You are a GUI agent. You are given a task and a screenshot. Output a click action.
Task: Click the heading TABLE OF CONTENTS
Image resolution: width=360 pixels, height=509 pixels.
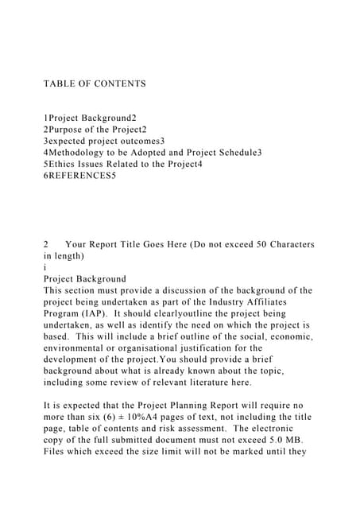point(95,84)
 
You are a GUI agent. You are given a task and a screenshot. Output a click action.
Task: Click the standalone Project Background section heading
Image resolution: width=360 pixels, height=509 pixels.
point(84,279)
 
